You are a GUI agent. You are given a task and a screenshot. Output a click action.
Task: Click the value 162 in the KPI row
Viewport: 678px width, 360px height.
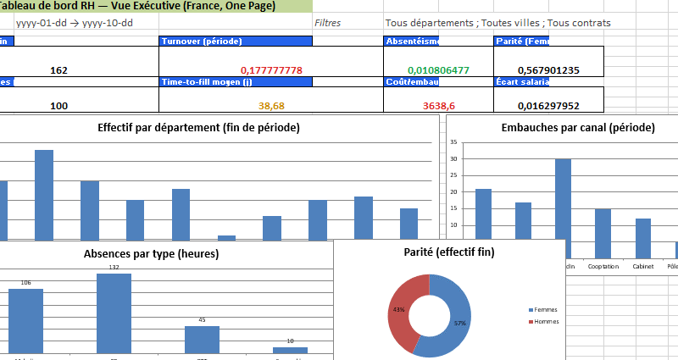pyautogui.click(x=59, y=70)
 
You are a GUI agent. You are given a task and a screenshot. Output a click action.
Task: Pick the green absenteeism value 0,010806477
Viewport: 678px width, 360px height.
pyautogui.click(x=438, y=70)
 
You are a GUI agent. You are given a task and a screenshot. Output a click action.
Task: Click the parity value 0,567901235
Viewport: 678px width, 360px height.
pyautogui.click(x=548, y=70)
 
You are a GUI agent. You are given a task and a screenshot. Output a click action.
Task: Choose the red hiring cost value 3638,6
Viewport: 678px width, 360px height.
pyautogui.click(x=438, y=106)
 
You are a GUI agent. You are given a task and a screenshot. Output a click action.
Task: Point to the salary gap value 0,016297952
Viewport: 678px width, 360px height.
pyautogui.click(x=548, y=106)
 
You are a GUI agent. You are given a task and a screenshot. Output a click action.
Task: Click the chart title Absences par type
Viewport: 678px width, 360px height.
pyautogui.click(x=151, y=253)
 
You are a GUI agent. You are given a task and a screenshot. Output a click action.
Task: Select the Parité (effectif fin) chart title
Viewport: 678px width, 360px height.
pyautogui.click(x=450, y=252)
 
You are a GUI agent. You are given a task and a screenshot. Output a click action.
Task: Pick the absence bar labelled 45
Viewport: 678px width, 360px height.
pyautogui.click(x=202, y=338)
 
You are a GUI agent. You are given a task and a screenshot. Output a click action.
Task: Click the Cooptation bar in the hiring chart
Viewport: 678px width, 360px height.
pyautogui.click(x=603, y=233)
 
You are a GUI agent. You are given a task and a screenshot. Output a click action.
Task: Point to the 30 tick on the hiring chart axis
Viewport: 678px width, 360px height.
pyautogui.click(x=454, y=158)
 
